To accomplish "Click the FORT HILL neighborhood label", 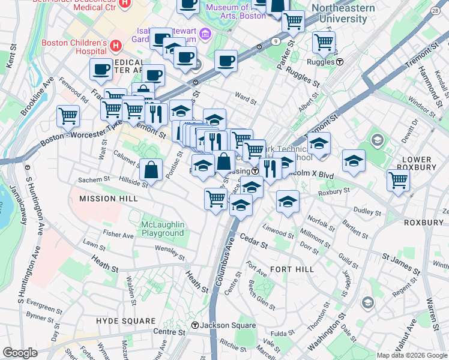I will coord(292,269).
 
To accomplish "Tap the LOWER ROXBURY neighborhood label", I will coord(423,164).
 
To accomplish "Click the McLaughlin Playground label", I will coord(162,229).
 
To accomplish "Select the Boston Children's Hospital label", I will coord(74,47).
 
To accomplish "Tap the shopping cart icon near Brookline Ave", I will coord(68,115).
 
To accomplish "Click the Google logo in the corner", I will coord(20,353).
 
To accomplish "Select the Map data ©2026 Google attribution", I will coord(412,355).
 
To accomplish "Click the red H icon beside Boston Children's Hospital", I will coord(116,45).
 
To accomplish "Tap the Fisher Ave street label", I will coord(118,235).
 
